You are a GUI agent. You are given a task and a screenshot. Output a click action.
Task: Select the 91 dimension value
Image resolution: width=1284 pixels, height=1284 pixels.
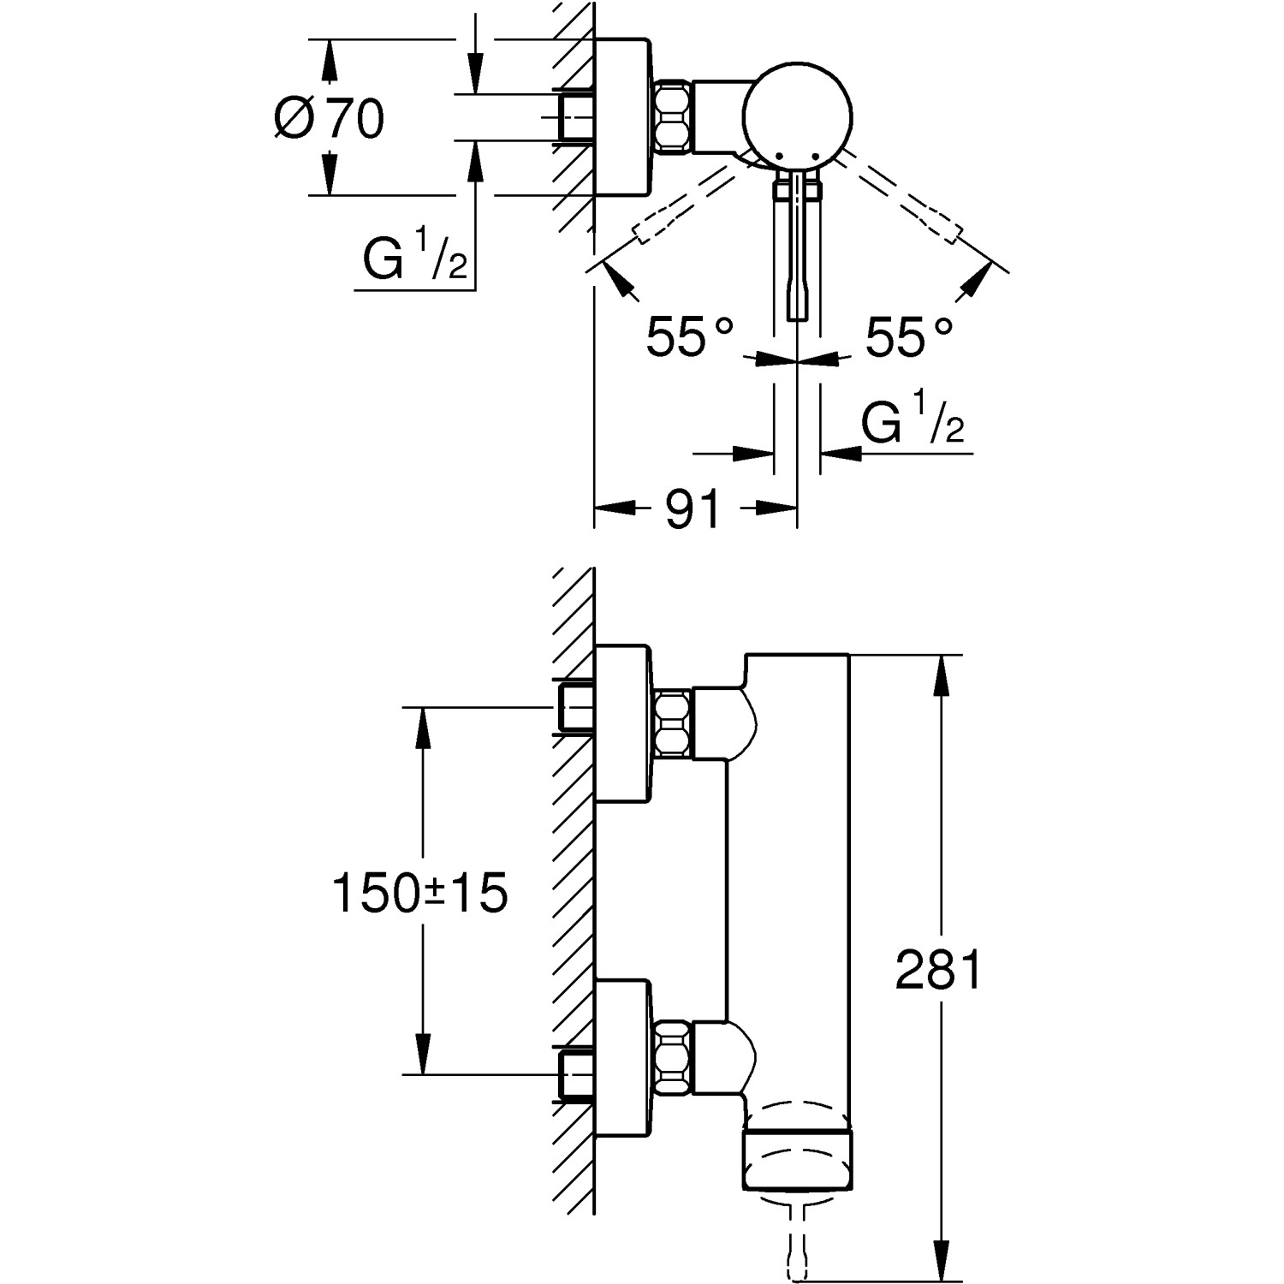[x=693, y=509]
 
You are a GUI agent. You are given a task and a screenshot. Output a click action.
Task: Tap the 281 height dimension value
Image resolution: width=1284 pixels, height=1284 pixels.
[x=938, y=971]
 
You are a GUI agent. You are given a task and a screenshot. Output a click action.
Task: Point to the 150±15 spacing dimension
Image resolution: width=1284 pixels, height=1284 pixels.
[x=419, y=894]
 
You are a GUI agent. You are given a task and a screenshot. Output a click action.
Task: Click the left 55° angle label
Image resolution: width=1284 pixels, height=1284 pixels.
[x=689, y=336]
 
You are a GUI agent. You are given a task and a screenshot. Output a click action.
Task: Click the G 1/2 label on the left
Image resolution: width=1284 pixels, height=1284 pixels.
[x=415, y=259]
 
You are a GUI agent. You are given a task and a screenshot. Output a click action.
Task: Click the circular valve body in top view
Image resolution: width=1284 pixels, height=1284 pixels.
[x=797, y=113]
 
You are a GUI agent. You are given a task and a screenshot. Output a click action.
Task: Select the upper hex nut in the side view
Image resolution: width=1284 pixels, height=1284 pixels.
[x=673, y=723]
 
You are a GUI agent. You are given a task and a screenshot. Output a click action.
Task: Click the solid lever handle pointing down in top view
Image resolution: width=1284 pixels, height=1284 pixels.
[x=797, y=257]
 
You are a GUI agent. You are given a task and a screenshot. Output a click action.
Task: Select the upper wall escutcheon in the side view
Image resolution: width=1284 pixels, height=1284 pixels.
[x=623, y=724]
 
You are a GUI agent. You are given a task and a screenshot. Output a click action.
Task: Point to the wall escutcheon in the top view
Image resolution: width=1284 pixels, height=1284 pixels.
[x=623, y=117]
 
